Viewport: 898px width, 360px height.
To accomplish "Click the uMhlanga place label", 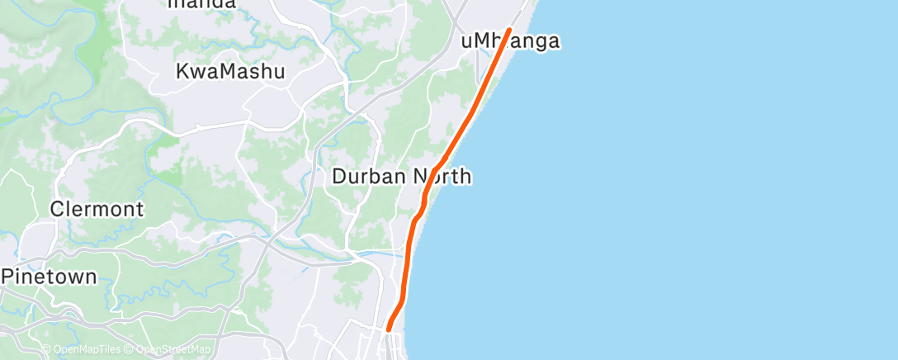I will point(510,41).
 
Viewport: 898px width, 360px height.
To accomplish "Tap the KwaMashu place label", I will point(230,72).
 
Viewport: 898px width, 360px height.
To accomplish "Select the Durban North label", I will point(401,176).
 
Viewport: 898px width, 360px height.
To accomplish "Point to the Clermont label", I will point(97,208).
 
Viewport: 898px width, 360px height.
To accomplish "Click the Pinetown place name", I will point(49,277).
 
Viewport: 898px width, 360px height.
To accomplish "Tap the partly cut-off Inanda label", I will point(201,4).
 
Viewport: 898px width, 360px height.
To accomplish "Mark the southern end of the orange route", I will point(388,330).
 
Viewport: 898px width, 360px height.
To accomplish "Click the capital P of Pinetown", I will point(7,277).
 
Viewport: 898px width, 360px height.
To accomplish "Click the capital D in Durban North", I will point(338,176).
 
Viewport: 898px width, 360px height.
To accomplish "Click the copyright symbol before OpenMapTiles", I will point(46,350).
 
